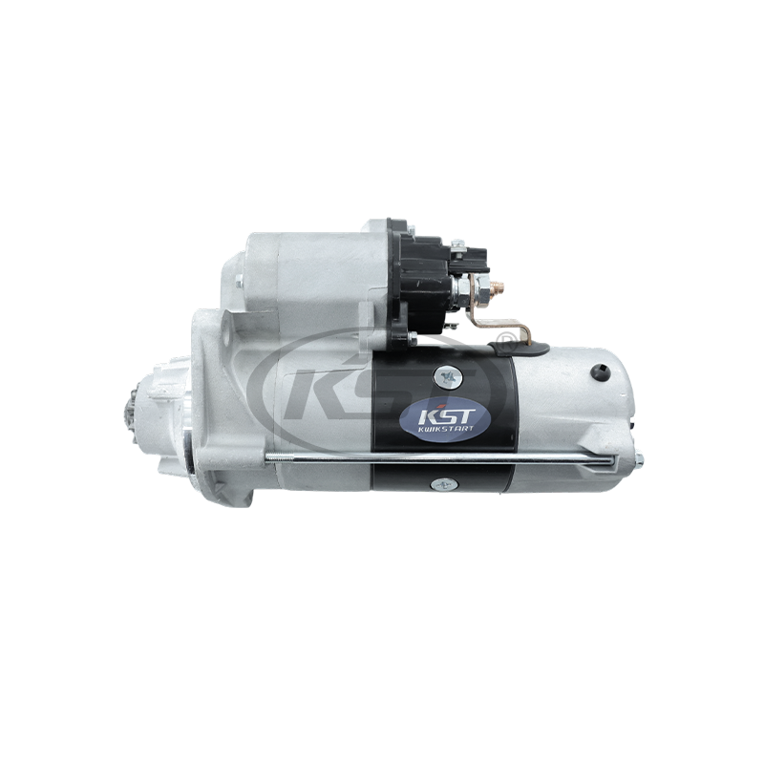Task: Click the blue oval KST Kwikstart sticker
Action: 444,418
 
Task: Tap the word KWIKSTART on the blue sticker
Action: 444,429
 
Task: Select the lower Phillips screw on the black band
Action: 444,484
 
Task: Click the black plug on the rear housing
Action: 601,372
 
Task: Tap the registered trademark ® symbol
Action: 507,340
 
